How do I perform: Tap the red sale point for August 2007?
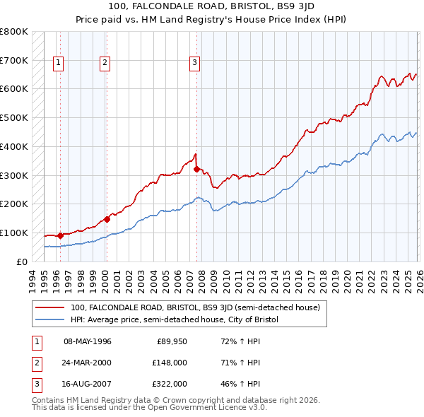[x=196, y=169]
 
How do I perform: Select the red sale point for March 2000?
[x=107, y=219]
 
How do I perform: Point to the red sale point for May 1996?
[x=60, y=235]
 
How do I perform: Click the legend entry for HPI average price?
[x=175, y=320]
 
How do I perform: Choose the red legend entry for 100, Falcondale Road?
[x=195, y=307]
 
